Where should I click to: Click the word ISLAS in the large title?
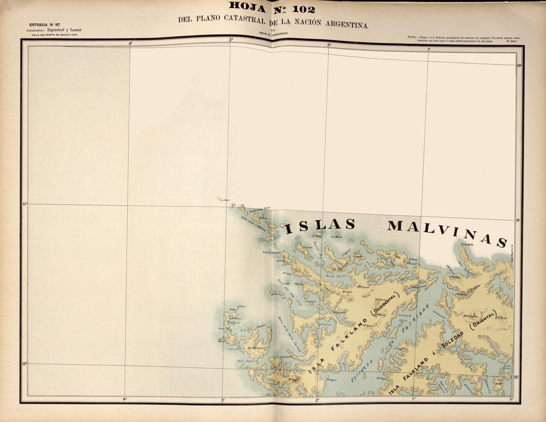[x=320, y=226]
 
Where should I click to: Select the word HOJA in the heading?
[x=247, y=7]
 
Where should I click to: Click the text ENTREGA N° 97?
[x=45, y=24]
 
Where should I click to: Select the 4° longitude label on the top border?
[x=131, y=43]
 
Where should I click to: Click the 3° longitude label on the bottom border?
[x=222, y=400]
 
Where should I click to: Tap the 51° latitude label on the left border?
[x=24, y=204]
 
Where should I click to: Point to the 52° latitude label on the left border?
[x=24, y=364]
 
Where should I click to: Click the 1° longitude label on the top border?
[x=429, y=49]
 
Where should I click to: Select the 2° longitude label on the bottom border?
[x=317, y=400]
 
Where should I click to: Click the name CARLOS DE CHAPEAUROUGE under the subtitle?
[x=273, y=33]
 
